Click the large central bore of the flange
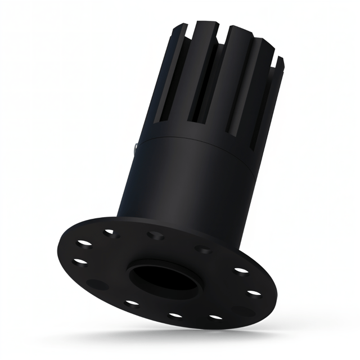163,277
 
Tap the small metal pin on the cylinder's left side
137,147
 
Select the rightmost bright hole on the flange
254,293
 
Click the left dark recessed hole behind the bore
155,235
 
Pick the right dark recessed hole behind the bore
204,249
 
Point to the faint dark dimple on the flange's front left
97,284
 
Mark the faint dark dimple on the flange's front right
243,310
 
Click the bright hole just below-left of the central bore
133,303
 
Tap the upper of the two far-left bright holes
84,243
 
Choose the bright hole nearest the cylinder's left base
110,231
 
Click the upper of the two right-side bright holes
241,271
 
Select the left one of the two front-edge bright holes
175,315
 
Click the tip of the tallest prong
211,24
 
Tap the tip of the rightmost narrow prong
280,59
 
